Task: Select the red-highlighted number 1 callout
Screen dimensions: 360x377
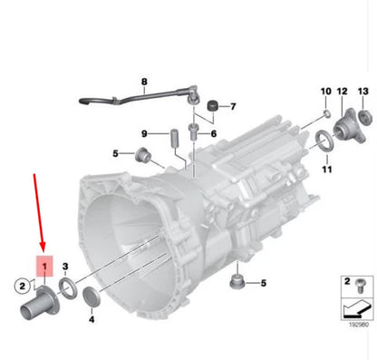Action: tap(45, 266)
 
